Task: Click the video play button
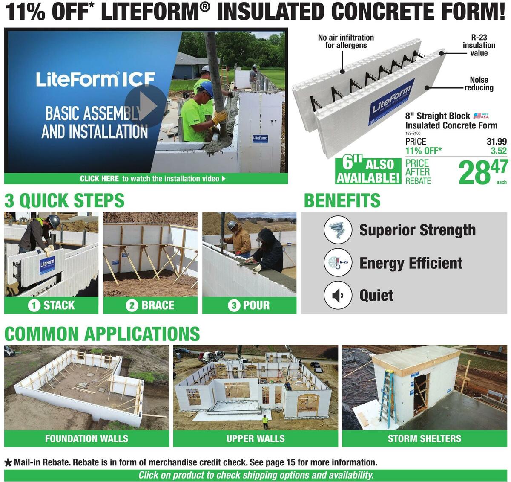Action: pos(146,106)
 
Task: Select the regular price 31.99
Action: pos(497,142)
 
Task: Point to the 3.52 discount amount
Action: pos(499,151)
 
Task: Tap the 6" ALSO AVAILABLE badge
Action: pos(368,171)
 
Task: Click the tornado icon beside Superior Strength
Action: pos(338,230)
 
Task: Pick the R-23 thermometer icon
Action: pos(338,263)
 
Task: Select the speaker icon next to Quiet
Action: pos(338,295)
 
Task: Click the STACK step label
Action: pos(52,305)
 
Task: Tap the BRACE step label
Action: pos(150,305)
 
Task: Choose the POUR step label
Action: pos(249,305)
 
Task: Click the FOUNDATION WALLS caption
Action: pos(86,438)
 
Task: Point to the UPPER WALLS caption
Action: pos(255,438)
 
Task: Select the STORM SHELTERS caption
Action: pos(424,438)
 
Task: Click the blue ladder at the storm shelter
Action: pos(388,397)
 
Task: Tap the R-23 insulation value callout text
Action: pos(479,45)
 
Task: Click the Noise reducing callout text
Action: pos(479,84)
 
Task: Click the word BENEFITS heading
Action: pos(342,200)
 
